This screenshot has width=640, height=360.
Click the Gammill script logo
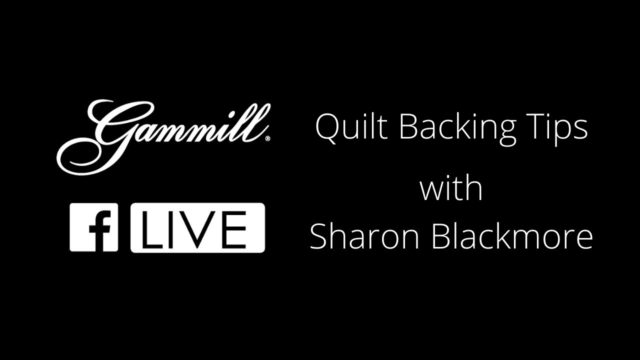click(163, 137)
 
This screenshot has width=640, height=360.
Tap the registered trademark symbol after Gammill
click(267, 139)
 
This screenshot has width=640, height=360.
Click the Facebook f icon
click(93, 227)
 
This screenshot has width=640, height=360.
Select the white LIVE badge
click(197, 227)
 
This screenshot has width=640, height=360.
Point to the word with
click(451, 187)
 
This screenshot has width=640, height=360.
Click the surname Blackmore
click(512, 235)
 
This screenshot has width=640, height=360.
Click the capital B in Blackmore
click(441, 235)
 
